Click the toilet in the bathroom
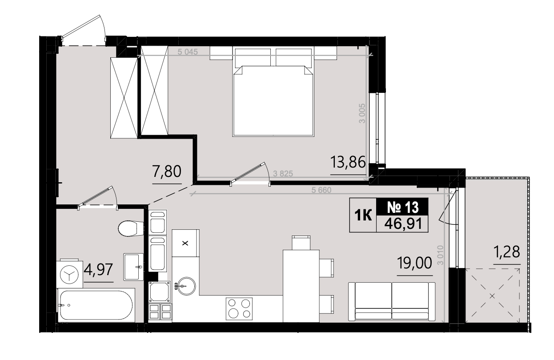[x=131, y=229]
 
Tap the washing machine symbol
[x=69, y=274]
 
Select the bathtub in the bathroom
[x=96, y=305]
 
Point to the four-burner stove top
[x=239, y=309]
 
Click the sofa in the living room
[x=392, y=301]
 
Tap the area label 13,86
[x=348, y=163]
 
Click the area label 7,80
[x=167, y=172]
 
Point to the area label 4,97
[x=98, y=269]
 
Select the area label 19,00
[x=414, y=263]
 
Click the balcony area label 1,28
[x=507, y=252]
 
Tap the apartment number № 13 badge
[x=402, y=207]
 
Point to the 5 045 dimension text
[x=188, y=52]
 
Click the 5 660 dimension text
[x=321, y=190]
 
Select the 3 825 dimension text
[x=283, y=174]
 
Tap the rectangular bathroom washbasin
[x=133, y=267]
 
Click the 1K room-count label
[x=363, y=215]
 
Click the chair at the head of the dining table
[x=301, y=243]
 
